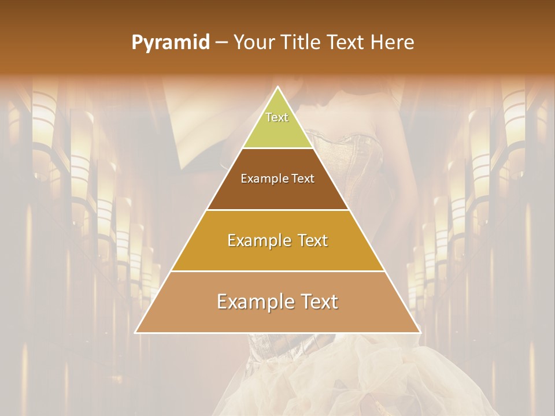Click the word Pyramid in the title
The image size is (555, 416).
click(x=171, y=43)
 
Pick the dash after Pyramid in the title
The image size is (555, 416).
click(x=221, y=43)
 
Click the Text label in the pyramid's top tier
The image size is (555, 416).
click(x=277, y=117)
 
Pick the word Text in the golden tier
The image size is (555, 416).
click(x=312, y=240)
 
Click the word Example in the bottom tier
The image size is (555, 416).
click(x=253, y=302)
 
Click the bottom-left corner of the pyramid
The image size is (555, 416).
click(x=136, y=332)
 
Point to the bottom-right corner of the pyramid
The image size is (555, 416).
click(x=420, y=332)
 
